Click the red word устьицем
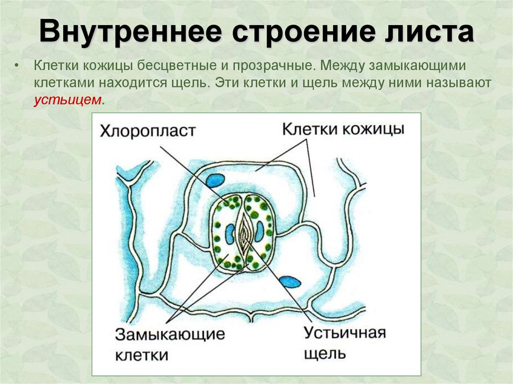[68, 100]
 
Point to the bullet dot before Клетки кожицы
[18, 67]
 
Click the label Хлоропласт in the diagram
[147, 132]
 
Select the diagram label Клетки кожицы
[343, 129]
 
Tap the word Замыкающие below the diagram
[170, 334]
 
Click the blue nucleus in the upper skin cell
[215, 180]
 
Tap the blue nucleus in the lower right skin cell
[290, 282]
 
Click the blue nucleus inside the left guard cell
[230, 234]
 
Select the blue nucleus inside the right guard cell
[260, 231]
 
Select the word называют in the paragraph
[459, 83]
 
